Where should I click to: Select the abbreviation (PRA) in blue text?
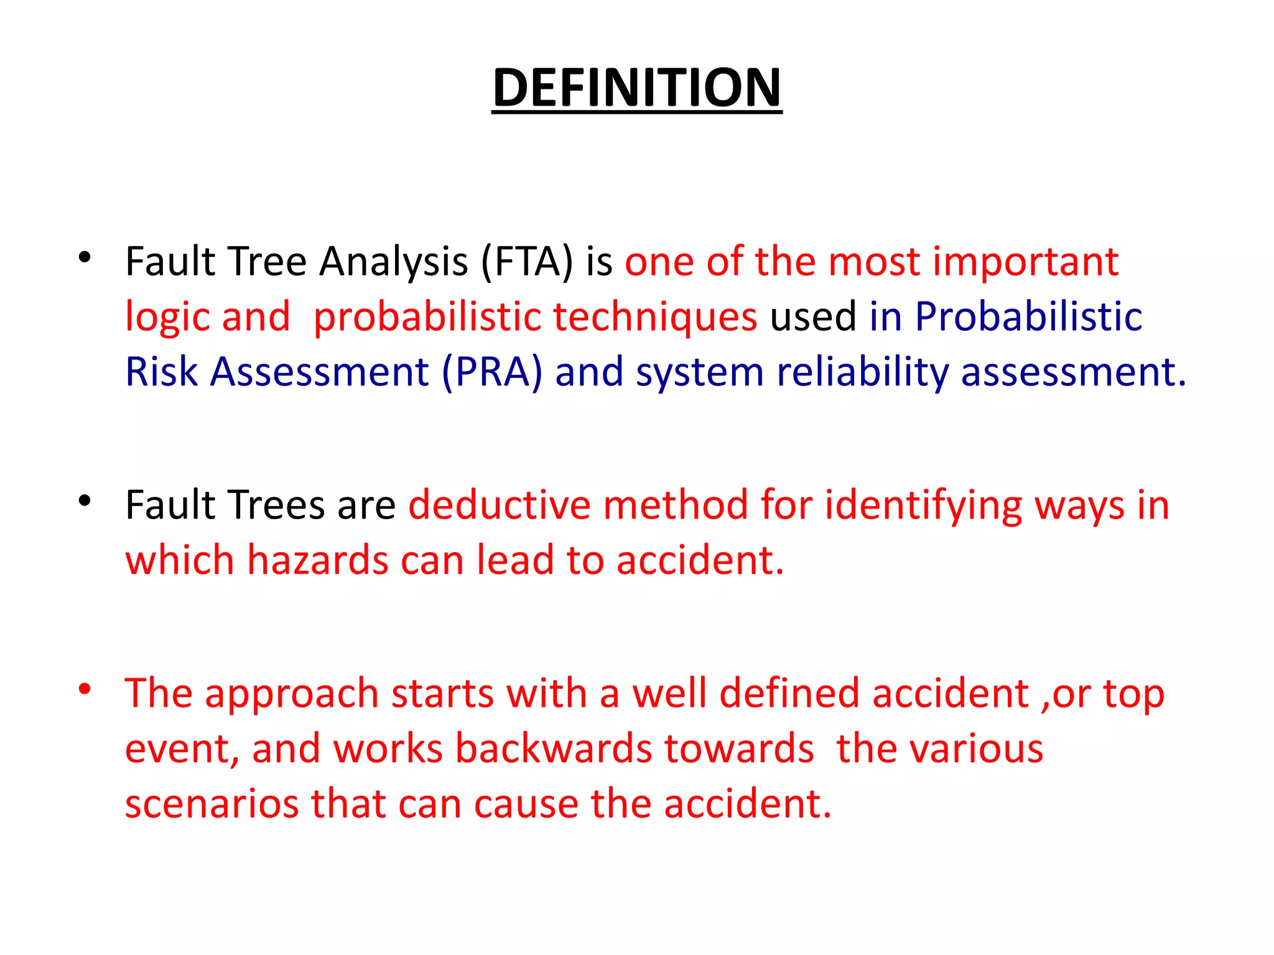pyautogui.click(x=492, y=372)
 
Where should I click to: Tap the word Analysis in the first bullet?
pyautogui.click(x=393, y=262)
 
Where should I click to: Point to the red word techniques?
pyautogui.click(x=654, y=317)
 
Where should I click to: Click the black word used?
pyautogui.click(x=813, y=317)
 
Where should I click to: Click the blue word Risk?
pyautogui.click(x=161, y=372)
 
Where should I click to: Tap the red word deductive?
pyautogui.click(x=499, y=504)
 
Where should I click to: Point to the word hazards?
pyautogui.click(x=317, y=560)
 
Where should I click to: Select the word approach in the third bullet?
pyautogui.click(x=291, y=694)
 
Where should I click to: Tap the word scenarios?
pyautogui.click(x=212, y=803)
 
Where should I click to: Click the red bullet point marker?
pyautogui.click(x=85, y=689)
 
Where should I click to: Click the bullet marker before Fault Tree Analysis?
pyautogui.click(x=85, y=257)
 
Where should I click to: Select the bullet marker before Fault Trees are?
pyautogui.click(x=85, y=500)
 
